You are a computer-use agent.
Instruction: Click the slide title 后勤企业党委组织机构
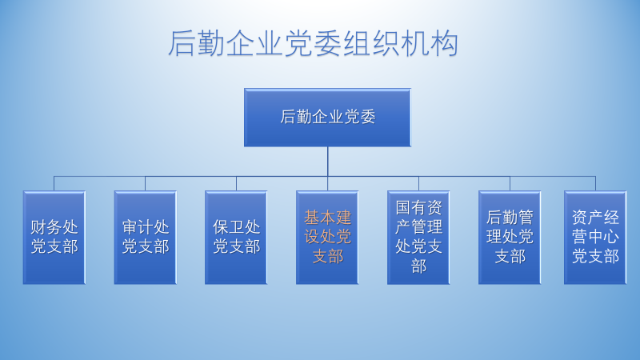(x=313, y=43)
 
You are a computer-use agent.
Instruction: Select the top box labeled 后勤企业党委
(x=327, y=118)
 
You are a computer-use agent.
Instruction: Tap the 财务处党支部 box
(x=54, y=238)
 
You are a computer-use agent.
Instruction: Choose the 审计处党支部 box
(x=146, y=238)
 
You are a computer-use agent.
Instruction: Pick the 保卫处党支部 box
(x=236, y=238)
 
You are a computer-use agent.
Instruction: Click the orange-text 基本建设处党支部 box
(x=327, y=238)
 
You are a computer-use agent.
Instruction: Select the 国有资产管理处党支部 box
(x=418, y=238)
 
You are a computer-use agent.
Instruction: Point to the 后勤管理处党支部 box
(x=510, y=238)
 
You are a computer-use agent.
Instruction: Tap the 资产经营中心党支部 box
(x=595, y=238)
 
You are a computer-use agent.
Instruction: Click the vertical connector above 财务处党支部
(x=54, y=184)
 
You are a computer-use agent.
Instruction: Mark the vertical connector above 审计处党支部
(x=146, y=184)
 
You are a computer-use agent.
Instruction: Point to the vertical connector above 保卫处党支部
(x=236, y=184)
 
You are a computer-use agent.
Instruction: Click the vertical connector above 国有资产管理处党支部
(x=418, y=184)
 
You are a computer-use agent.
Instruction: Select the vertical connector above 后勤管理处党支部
(x=510, y=184)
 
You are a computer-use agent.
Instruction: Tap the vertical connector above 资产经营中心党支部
(x=595, y=184)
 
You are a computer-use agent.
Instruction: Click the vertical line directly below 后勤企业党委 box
(x=327, y=162)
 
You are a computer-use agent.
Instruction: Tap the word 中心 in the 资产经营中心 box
(x=604, y=237)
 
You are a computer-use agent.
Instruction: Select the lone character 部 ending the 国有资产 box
(x=418, y=267)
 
